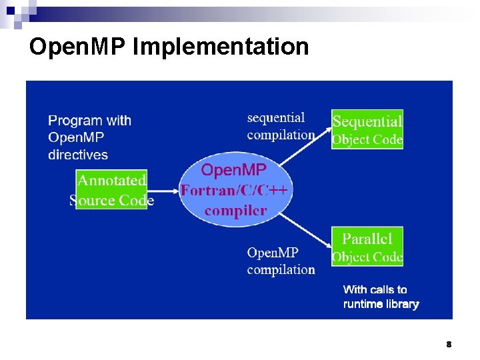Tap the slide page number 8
[x=449, y=345]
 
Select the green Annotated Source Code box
[x=111, y=190]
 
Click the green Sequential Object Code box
[x=367, y=129]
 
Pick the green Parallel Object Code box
[x=367, y=247]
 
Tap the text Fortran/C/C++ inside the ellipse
[x=234, y=191]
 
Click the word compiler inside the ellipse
[x=235, y=211]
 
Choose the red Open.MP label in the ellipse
[x=233, y=171]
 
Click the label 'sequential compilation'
[x=280, y=126]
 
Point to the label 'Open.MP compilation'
[x=280, y=261]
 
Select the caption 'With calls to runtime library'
[x=381, y=297]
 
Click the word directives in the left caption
[x=78, y=155]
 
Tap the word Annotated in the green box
[x=111, y=180]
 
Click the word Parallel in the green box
[x=367, y=238]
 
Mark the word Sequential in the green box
[x=367, y=121]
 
